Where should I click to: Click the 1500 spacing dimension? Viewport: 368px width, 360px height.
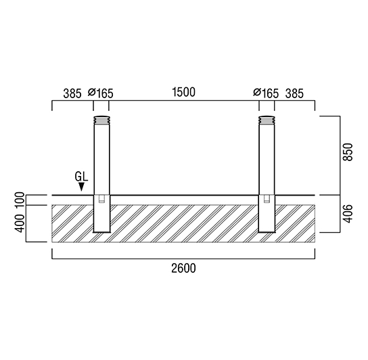184,92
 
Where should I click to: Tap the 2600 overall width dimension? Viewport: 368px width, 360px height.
183,269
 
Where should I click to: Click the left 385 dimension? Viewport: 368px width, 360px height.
72,93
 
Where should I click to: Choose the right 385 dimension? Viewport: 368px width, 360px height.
294,93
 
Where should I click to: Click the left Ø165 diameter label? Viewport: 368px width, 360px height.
101,93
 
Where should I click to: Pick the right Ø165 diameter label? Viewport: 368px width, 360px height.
266,93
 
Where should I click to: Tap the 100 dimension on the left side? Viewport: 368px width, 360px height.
20,200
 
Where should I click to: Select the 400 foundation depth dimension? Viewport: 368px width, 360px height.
20,223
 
